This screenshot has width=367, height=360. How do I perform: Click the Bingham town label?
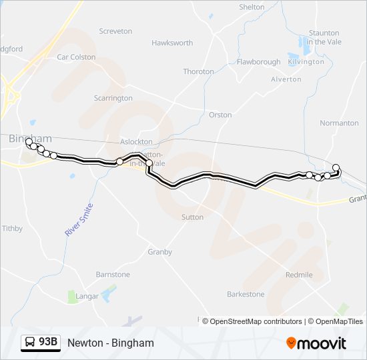click(x=31, y=139)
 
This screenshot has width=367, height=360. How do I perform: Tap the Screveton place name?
click(x=115, y=31)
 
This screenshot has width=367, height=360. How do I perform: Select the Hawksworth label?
click(x=172, y=43)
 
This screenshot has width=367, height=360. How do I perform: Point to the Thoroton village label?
click(x=198, y=72)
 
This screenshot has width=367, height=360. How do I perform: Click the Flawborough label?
click(x=258, y=62)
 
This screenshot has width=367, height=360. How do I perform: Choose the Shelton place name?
click(x=252, y=7)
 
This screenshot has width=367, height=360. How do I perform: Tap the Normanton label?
click(x=339, y=123)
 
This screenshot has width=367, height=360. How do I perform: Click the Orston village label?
click(x=220, y=115)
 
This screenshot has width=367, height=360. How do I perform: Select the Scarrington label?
click(x=113, y=99)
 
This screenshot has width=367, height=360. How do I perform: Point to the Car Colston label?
click(x=76, y=57)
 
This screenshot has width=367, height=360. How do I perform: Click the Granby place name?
click(x=159, y=252)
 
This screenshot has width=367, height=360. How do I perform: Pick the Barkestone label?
click(x=246, y=294)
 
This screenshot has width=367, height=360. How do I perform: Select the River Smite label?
click(x=79, y=220)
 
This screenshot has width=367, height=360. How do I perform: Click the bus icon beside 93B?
click(x=31, y=343)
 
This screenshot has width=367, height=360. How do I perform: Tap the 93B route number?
click(x=48, y=343)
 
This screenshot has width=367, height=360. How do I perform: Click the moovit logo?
click(x=316, y=343)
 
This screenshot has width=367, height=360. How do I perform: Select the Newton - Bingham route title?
click(x=111, y=343)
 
